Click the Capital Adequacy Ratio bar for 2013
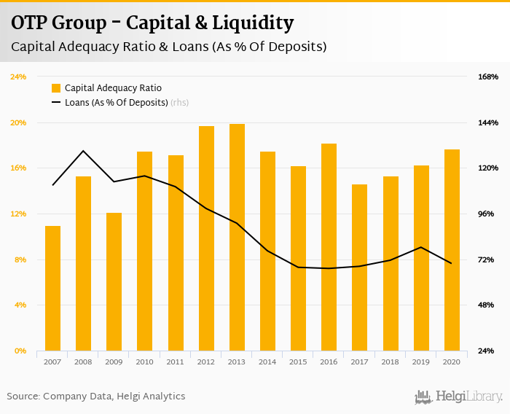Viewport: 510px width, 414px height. tap(237, 237)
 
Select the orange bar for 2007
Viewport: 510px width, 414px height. tap(52, 288)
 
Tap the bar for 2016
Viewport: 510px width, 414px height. tap(329, 247)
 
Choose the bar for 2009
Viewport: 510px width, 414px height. tap(114, 281)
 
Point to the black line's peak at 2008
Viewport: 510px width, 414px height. tap(83, 151)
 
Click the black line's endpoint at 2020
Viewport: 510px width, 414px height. tap(452, 263)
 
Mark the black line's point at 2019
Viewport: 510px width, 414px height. tap(421, 247)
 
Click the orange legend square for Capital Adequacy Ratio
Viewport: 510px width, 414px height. tap(56, 88)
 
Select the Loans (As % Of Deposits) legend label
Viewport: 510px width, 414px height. tap(117, 103)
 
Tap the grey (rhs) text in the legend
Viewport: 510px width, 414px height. tap(179, 103)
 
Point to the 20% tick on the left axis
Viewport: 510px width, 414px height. tap(17, 122)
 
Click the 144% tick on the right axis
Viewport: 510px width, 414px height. tap(488, 122)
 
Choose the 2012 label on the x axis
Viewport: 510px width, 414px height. tap(206, 362)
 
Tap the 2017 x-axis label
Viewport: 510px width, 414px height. tap(359, 362)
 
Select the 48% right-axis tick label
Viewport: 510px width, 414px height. tap(488, 305)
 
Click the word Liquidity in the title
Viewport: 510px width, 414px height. tap(251, 23)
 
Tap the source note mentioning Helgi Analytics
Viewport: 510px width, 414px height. tap(96, 397)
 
